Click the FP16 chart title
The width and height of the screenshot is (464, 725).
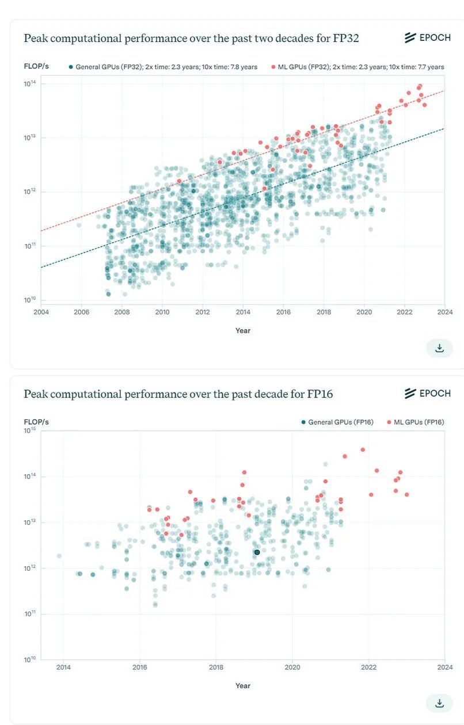tap(178, 394)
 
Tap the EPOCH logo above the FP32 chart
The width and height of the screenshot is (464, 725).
tap(427, 38)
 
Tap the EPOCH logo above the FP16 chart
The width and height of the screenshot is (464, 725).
tap(427, 394)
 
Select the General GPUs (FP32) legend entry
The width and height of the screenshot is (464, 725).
tap(163, 67)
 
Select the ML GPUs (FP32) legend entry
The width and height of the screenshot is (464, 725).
tap(357, 67)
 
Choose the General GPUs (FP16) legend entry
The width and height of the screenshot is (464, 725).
tap(337, 422)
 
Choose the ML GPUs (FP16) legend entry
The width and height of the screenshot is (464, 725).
tap(414, 422)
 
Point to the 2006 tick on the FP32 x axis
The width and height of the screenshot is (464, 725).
tap(81, 312)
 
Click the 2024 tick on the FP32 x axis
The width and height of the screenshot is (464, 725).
tap(444, 312)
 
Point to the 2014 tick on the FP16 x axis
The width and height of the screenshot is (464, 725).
tap(63, 667)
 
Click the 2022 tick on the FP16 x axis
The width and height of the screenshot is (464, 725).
tap(368, 667)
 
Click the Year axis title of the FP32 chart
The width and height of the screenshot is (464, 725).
tap(243, 330)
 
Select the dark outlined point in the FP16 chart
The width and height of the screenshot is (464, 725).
tap(257, 552)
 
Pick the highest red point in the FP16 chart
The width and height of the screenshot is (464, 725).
tap(363, 450)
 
